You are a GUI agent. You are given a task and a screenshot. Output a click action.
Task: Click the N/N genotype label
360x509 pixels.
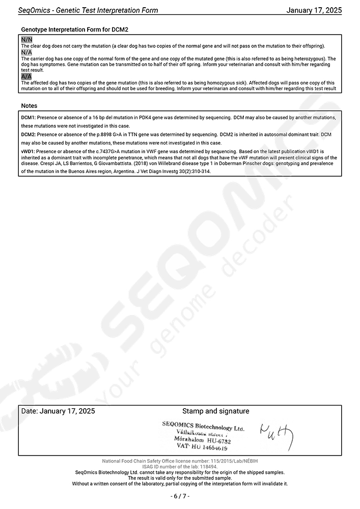click(26, 40)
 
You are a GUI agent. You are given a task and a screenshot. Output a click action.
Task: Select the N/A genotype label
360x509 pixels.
click(26, 52)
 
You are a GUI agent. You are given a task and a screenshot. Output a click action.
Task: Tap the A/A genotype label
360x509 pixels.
click(26, 76)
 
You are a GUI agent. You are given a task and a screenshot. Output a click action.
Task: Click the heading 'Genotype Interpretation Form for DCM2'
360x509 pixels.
click(74, 30)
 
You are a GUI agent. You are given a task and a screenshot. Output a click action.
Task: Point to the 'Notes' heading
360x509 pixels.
click(29, 106)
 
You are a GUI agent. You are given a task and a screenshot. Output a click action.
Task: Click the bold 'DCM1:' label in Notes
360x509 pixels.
click(29, 118)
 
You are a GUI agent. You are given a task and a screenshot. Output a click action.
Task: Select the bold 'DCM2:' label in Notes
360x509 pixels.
click(29, 135)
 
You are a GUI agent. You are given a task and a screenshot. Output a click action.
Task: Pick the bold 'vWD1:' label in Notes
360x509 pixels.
click(29, 152)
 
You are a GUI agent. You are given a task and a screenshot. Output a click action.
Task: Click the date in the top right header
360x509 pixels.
click(314, 10)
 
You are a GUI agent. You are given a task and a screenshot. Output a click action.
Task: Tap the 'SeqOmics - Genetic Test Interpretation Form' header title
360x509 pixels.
click(88, 10)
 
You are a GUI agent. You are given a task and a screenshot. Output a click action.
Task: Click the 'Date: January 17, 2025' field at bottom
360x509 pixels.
click(58, 411)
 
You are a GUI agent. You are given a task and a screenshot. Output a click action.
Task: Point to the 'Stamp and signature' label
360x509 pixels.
click(215, 411)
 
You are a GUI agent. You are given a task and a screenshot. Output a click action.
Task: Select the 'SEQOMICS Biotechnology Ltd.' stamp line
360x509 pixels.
click(203, 426)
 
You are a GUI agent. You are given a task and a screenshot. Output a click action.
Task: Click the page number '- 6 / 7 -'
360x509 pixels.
click(180, 496)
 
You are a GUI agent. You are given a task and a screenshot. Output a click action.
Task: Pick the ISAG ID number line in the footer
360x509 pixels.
click(180, 466)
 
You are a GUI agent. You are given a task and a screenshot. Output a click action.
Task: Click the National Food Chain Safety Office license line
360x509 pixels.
click(180, 461)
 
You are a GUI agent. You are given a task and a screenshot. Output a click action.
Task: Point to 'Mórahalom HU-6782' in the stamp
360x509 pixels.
click(202, 440)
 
